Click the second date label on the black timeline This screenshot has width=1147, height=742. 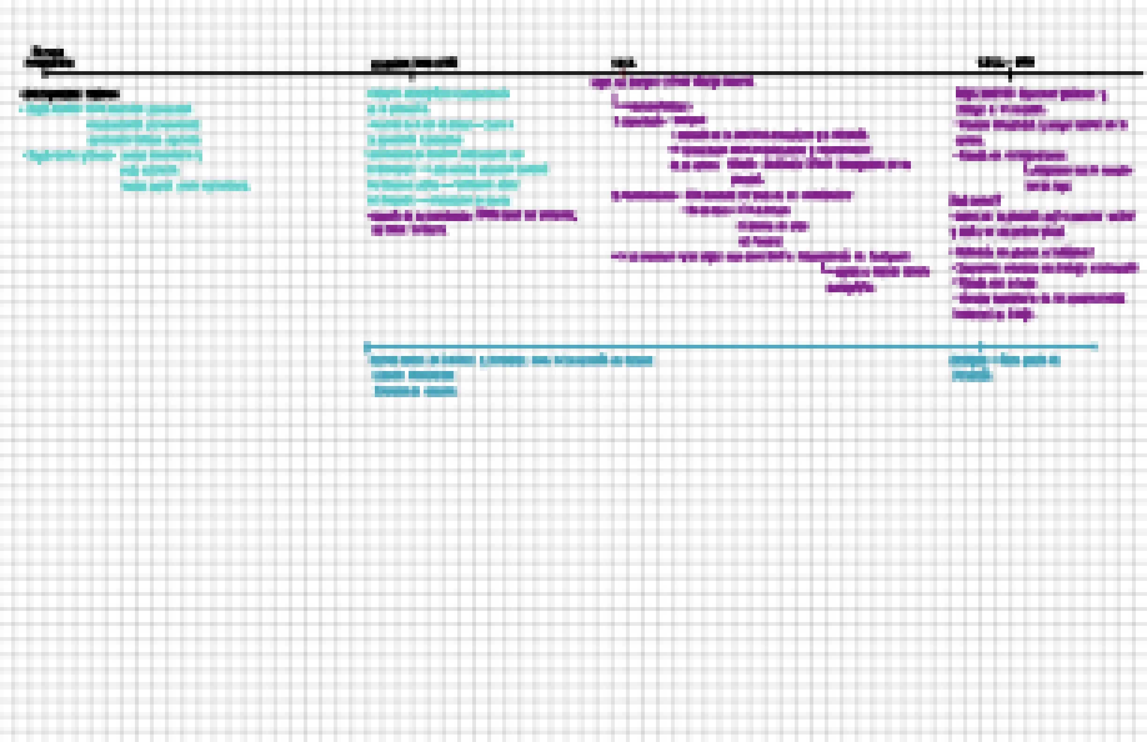414,63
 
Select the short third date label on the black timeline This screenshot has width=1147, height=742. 624,63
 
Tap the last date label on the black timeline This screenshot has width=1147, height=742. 1005,62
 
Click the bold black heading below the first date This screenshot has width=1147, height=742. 69,94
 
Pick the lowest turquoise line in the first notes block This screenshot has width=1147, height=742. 185,186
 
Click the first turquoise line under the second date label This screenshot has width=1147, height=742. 438,93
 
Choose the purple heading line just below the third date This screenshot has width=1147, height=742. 673,82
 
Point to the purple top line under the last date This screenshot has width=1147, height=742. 1031,94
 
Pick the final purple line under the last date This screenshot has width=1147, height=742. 993,314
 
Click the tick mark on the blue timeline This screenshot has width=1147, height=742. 980,346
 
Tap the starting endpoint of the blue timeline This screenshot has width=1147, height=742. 366,347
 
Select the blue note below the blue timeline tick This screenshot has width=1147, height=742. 1005,367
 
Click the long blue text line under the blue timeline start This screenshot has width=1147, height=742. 511,360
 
